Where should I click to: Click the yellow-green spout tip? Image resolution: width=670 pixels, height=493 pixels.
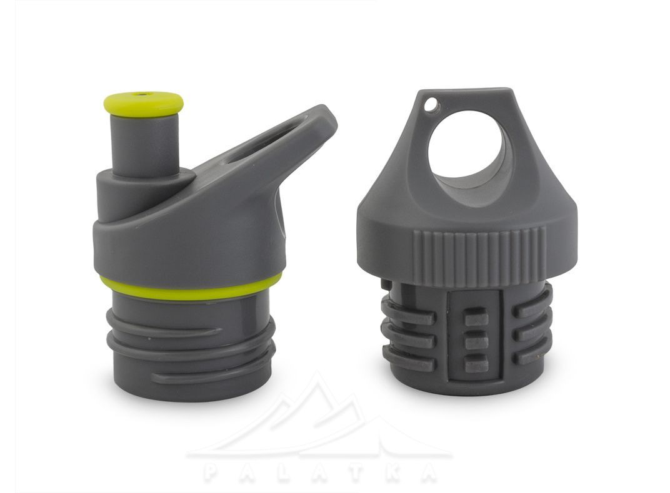144,104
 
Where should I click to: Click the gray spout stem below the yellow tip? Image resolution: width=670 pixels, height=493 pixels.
144,145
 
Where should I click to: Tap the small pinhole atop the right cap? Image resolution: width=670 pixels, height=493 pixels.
432,104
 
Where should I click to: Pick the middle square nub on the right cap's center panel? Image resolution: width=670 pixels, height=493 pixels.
476,340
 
